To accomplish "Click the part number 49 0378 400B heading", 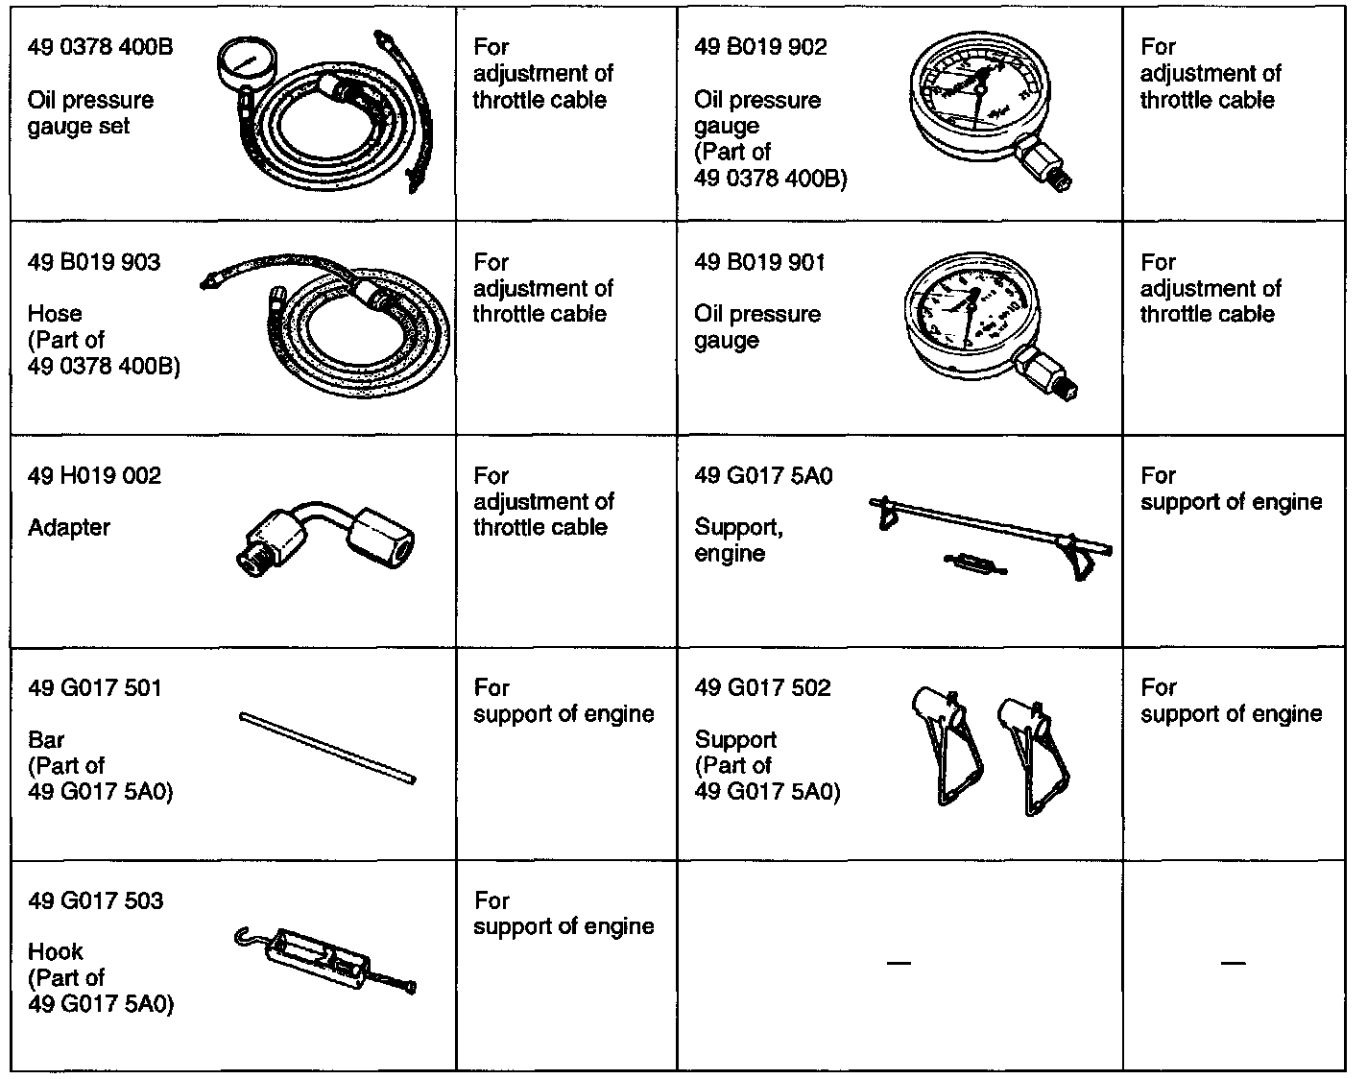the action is (101, 47).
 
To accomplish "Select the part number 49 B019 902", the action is (760, 47).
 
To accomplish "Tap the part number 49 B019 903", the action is (94, 262).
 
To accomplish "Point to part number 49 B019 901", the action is (759, 262).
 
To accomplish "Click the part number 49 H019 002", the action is (94, 475).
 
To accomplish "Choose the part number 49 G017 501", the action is (94, 687).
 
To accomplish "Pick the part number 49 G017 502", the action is (762, 687).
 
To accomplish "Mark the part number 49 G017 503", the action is (95, 900).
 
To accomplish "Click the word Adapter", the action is (69, 527).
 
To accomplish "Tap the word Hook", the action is (56, 951).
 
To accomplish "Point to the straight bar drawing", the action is (327, 748).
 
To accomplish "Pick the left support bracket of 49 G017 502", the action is (947, 744).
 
